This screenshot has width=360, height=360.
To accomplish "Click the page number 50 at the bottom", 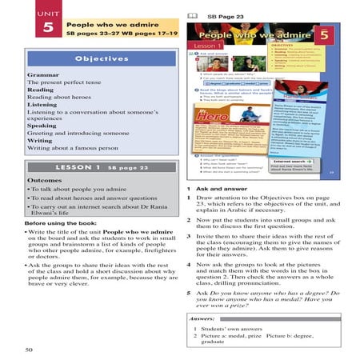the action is (x=30, y=350).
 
